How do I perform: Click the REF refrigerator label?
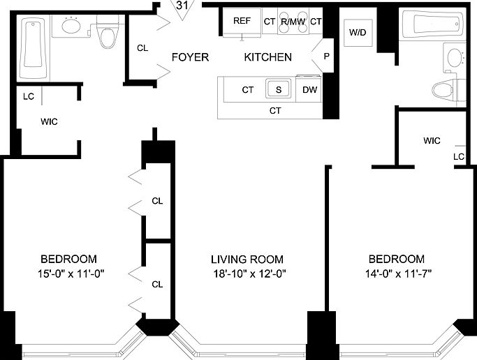click(242, 21)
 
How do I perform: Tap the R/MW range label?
click(293, 22)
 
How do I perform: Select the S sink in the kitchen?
click(279, 89)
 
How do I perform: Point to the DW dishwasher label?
click(309, 89)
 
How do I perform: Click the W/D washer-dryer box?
click(358, 33)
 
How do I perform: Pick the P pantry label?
click(326, 57)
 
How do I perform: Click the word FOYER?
click(190, 57)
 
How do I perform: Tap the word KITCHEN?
click(267, 57)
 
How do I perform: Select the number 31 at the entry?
click(182, 6)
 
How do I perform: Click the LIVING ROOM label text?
click(247, 260)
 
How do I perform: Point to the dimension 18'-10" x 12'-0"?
click(249, 274)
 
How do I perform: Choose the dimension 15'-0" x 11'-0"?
click(71, 274)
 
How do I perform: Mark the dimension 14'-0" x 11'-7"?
click(398, 274)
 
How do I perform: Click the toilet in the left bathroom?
click(108, 34)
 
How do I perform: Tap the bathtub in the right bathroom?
click(433, 24)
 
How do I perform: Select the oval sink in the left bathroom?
click(71, 26)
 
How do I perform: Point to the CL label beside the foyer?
click(142, 48)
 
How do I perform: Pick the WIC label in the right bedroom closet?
click(432, 141)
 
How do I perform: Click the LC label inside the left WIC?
click(29, 96)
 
